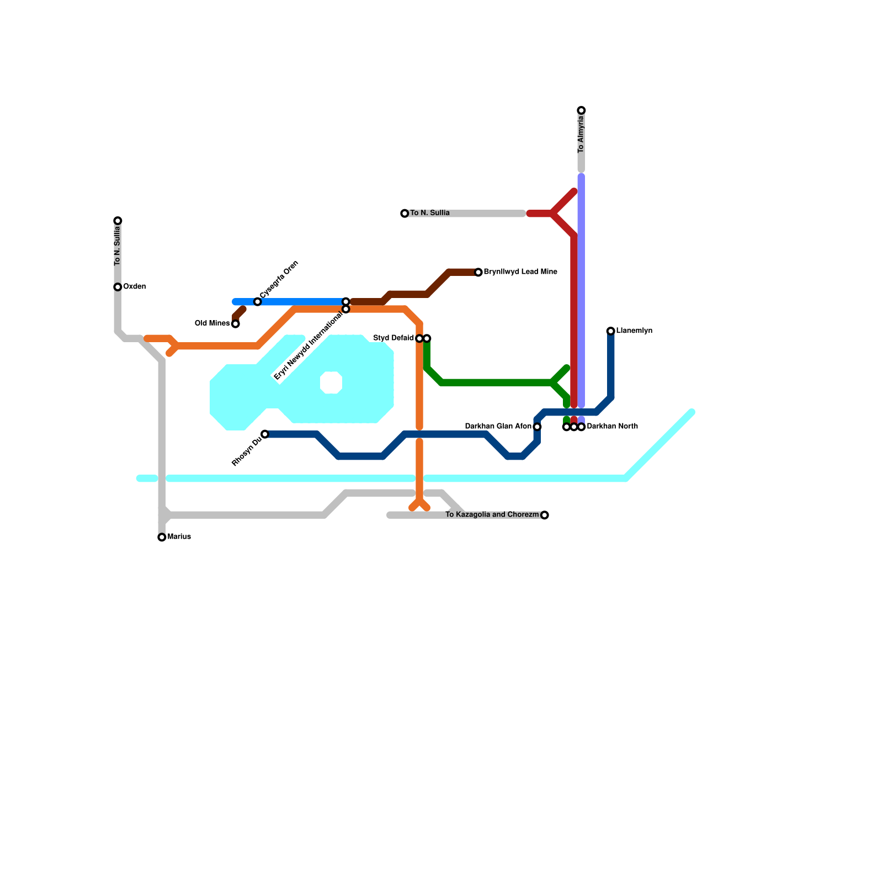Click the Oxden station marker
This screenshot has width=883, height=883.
118,287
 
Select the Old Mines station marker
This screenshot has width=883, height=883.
235,324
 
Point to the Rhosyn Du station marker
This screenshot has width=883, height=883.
265,434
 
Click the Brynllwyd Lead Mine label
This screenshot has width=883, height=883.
520,272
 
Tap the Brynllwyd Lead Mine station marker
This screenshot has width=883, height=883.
478,273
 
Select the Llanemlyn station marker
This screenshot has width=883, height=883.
610,331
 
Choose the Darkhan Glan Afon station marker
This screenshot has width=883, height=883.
537,427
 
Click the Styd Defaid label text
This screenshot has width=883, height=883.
393,338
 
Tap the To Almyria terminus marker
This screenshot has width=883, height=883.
581,110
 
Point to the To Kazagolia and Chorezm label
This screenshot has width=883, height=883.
492,515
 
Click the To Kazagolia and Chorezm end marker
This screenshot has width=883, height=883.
545,515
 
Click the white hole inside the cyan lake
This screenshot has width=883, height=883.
331,382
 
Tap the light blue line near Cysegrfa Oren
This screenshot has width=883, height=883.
298,302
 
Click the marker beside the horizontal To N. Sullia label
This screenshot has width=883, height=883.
405,214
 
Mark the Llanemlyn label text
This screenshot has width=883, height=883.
634,331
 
